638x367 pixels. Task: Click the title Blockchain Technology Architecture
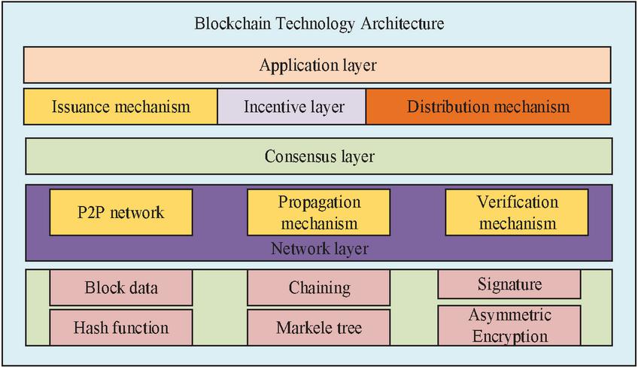pos(319,23)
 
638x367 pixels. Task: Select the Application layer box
pos(317,65)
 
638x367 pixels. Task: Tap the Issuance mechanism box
pos(120,107)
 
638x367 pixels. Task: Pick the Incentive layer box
pos(292,107)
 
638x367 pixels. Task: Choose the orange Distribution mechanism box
pos(488,107)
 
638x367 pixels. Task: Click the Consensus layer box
pos(319,156)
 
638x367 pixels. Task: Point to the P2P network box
pos(121,212)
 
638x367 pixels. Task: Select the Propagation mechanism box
pos(318,212)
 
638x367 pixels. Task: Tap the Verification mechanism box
pos(517,212)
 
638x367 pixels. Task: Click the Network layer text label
pos(320,249)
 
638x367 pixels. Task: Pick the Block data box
pos(121,287)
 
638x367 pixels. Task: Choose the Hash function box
pos(121,327)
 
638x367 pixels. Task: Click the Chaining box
pos(318,287)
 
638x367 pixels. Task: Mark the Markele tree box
pos(318,327)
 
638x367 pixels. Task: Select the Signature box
pos(509,284)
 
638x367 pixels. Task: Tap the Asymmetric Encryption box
pos(509,326)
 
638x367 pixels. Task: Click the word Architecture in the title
pos(402,23)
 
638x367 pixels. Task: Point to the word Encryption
pos(510,336)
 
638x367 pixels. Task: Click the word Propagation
pos(320,202)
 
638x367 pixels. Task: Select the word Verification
pos(517,202)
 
